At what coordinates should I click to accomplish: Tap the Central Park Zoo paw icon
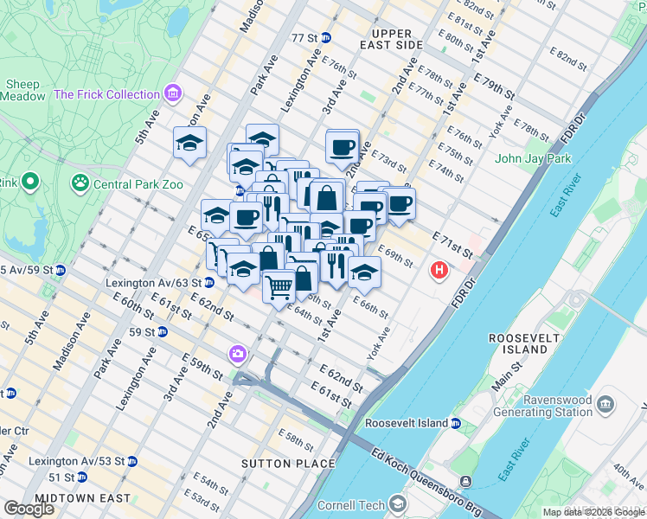click(80, 183)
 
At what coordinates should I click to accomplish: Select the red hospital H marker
click(439, 272)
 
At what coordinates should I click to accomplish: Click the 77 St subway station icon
click(326, 38)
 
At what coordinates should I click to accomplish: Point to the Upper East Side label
click(392, 39)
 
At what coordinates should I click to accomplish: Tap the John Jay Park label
click(533, 158)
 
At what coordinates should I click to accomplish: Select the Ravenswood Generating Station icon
click(605, 403)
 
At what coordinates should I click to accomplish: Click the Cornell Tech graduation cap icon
click(397, 503)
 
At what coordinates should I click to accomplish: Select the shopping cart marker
click(279, 285)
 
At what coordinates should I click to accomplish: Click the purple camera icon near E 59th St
click(237, 354)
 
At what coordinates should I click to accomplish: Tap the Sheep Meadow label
click(25, 90)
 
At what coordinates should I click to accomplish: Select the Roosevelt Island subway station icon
click(456, 423)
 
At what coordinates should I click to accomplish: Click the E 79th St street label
click(495, 86)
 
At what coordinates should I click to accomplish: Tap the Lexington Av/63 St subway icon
click(209, 283)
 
